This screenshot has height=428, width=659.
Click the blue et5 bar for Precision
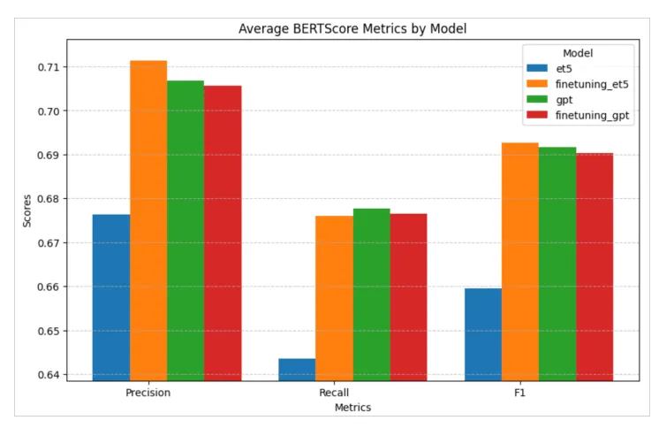point(111,297)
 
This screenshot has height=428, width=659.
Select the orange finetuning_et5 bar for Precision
point(148,221)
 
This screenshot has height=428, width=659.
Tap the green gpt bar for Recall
point(372,294)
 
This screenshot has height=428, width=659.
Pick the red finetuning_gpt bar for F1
point(595,267)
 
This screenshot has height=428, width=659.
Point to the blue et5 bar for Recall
point(297,370)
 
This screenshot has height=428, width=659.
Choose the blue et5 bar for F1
point(483,334)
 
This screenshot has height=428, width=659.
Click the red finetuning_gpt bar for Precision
point(223,233)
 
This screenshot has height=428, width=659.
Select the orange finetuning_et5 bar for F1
point(520,262)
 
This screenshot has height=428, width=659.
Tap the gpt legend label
point(564,100)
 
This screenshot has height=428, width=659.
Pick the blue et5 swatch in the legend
point(537,68)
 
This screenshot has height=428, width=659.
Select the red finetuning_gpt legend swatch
point(537,115)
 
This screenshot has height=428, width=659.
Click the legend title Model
point(578,53)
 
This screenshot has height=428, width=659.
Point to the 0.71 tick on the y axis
point(49,67)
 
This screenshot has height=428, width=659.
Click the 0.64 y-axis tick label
point(49,375)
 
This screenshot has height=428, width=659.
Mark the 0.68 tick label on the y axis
point(49,199)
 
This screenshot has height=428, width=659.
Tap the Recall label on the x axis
point(334,393)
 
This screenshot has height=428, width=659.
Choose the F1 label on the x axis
point(520,393)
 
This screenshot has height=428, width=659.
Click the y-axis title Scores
point(27,210)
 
